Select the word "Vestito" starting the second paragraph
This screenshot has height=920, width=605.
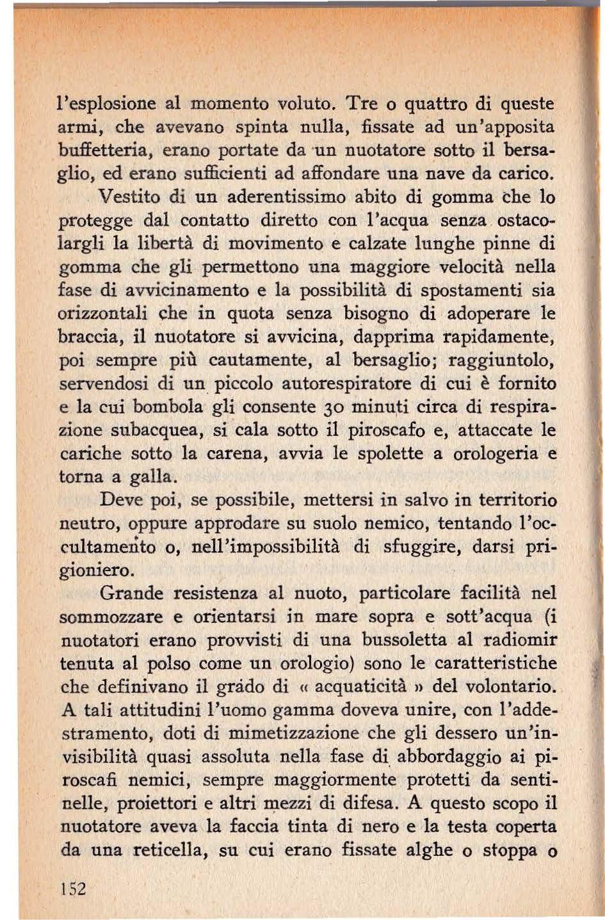tap(129, 195)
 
